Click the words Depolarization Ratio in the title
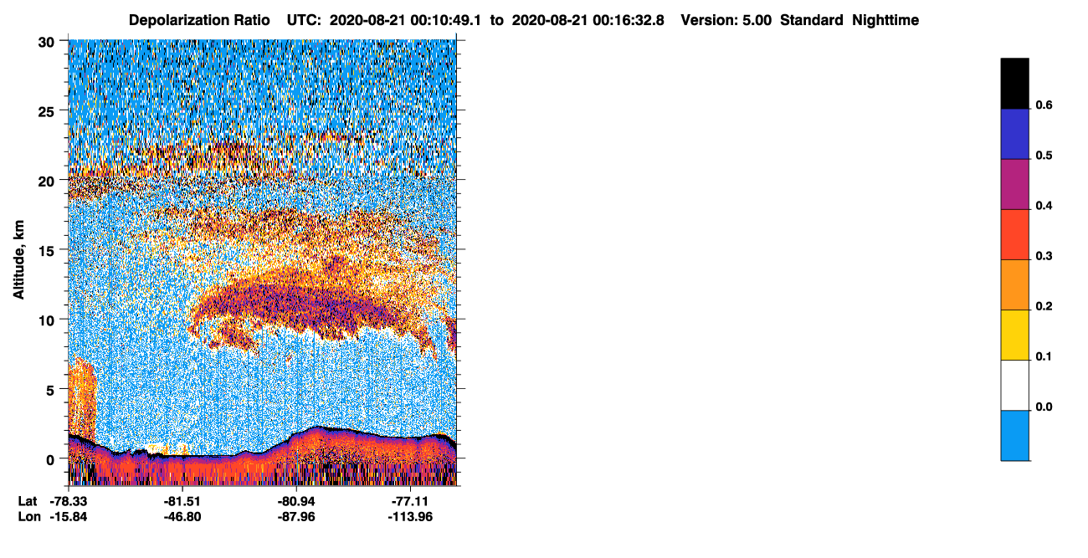tap(199, 20)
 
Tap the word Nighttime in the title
tap(885, 20)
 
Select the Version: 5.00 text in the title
tap(726, 20)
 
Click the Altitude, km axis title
tap(18, 259)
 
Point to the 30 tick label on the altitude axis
tap(46, 43)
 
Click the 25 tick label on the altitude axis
tap(46, 112)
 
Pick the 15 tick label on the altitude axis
tap(46, 252)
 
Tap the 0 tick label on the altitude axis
tap(50, 460)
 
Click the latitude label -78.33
tap(69, 501)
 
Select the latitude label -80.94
tap(296, 501)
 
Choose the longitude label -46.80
tap(182, 517)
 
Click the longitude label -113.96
tap(410, 517)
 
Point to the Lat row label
tap(28, 501)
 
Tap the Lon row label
tap(29, 517)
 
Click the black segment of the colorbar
tap(1014, 84)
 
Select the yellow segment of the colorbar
tap(1014, 335)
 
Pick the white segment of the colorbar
tap(1014, 386)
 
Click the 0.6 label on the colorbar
tap(1044, 105)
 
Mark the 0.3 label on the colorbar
tap(1044, 257)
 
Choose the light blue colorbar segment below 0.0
tap(1014, 436)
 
